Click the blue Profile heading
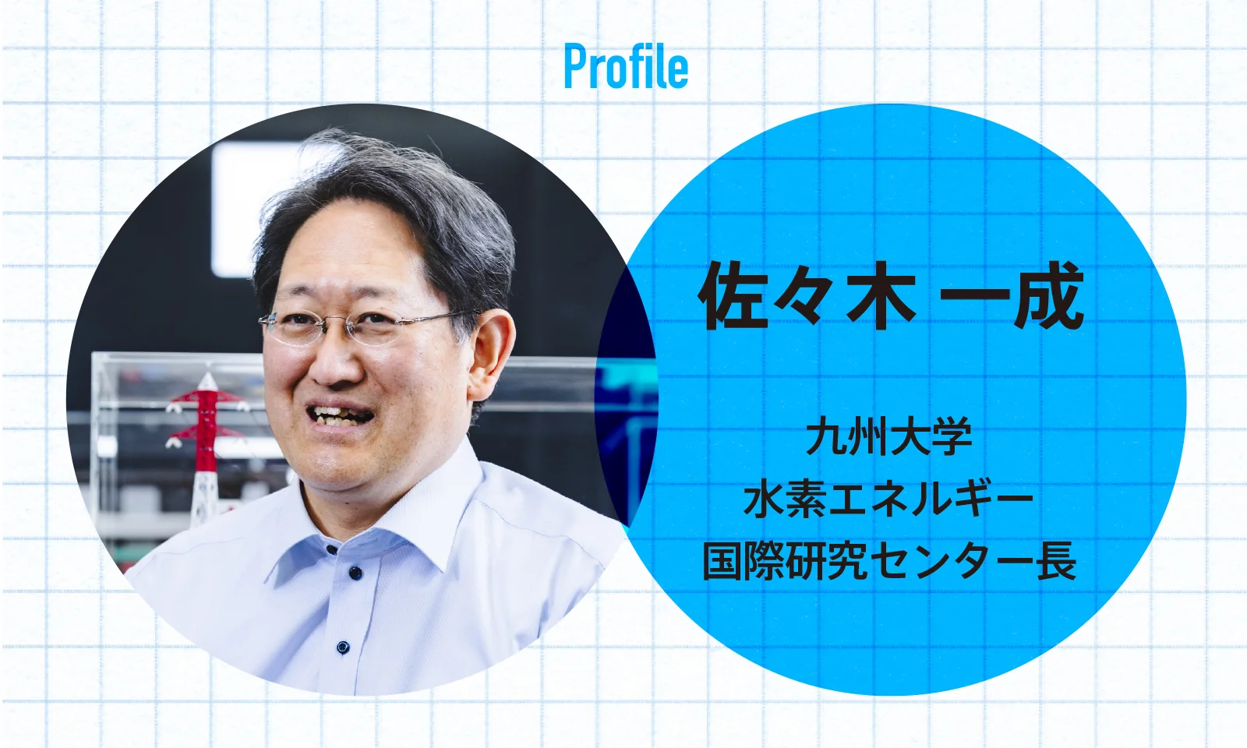(x=627, y=68)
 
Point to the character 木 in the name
(x=881, y=298)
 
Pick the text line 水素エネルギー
(x=888, y=500)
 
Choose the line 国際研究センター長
(x=888, y=562)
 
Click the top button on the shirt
(x=332, y=550)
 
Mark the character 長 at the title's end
(x=1056, y=562)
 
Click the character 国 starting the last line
(x=722, y=562)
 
